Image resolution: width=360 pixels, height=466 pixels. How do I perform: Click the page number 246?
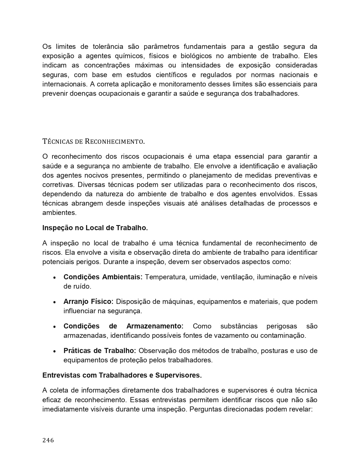[x=48, y=440]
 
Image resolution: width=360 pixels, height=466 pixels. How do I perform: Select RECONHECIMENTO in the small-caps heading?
[x=114, y=141]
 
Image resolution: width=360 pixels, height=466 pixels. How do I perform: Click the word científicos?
[x=171, y=75]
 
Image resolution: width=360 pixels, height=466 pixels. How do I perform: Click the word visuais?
[x=174, y=203]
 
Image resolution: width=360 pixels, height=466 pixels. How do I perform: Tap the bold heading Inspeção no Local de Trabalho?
[x=95, y=228]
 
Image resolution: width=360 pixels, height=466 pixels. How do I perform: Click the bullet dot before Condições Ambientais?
[x=54, y=277]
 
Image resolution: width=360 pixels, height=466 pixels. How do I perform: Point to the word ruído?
[x=82, y=286]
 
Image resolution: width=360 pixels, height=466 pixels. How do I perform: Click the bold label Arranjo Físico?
[x=88, y=301]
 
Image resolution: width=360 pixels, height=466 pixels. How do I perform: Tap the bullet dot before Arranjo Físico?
[x=54, y=302]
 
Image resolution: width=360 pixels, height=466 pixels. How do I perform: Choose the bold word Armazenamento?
[x=155, y=326]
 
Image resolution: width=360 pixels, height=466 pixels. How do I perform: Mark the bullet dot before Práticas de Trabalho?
[x=54, y=351]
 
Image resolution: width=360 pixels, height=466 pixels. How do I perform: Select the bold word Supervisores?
[x=178, y=375]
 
